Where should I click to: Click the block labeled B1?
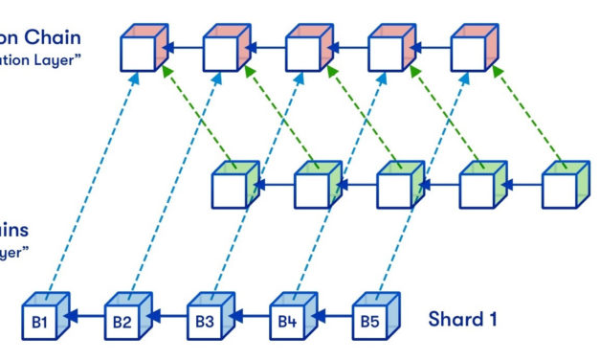click(x=40, y=321)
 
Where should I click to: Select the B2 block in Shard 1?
click(x=122, y=321)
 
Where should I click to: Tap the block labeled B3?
click(x=205, y=321)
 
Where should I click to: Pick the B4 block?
click(x=287, y=321)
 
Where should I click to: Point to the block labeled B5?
click(x=369, y=321)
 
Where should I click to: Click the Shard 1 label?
click(x=461, y=319)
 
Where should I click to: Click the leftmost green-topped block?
click(x=232, y=187)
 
